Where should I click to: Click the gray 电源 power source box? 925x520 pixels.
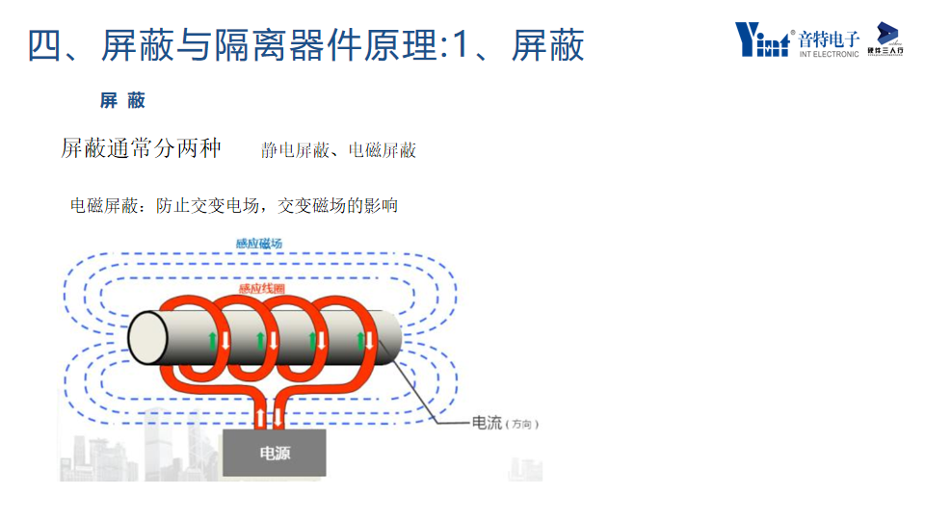(x=275, y=453)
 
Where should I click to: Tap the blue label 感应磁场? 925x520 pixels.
(x=259, y=244)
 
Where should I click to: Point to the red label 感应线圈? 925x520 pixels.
(x=262, y=290)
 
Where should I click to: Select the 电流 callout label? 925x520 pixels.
(x=487, y=423)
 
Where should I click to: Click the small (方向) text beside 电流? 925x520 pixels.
(x=521, y=425)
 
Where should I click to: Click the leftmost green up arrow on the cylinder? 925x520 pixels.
(x=211, y=340)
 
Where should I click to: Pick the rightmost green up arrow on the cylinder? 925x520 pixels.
(x=360, y=340)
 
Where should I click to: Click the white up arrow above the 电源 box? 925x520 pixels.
(x=260, y=418)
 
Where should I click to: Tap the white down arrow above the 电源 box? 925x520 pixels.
(x=277, y=418)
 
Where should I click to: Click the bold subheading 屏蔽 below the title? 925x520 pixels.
(x=122, y=100)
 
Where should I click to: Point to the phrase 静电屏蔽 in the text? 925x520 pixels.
(x=296, y=150)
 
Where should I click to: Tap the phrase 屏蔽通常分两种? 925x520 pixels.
(x=141, y=147)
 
